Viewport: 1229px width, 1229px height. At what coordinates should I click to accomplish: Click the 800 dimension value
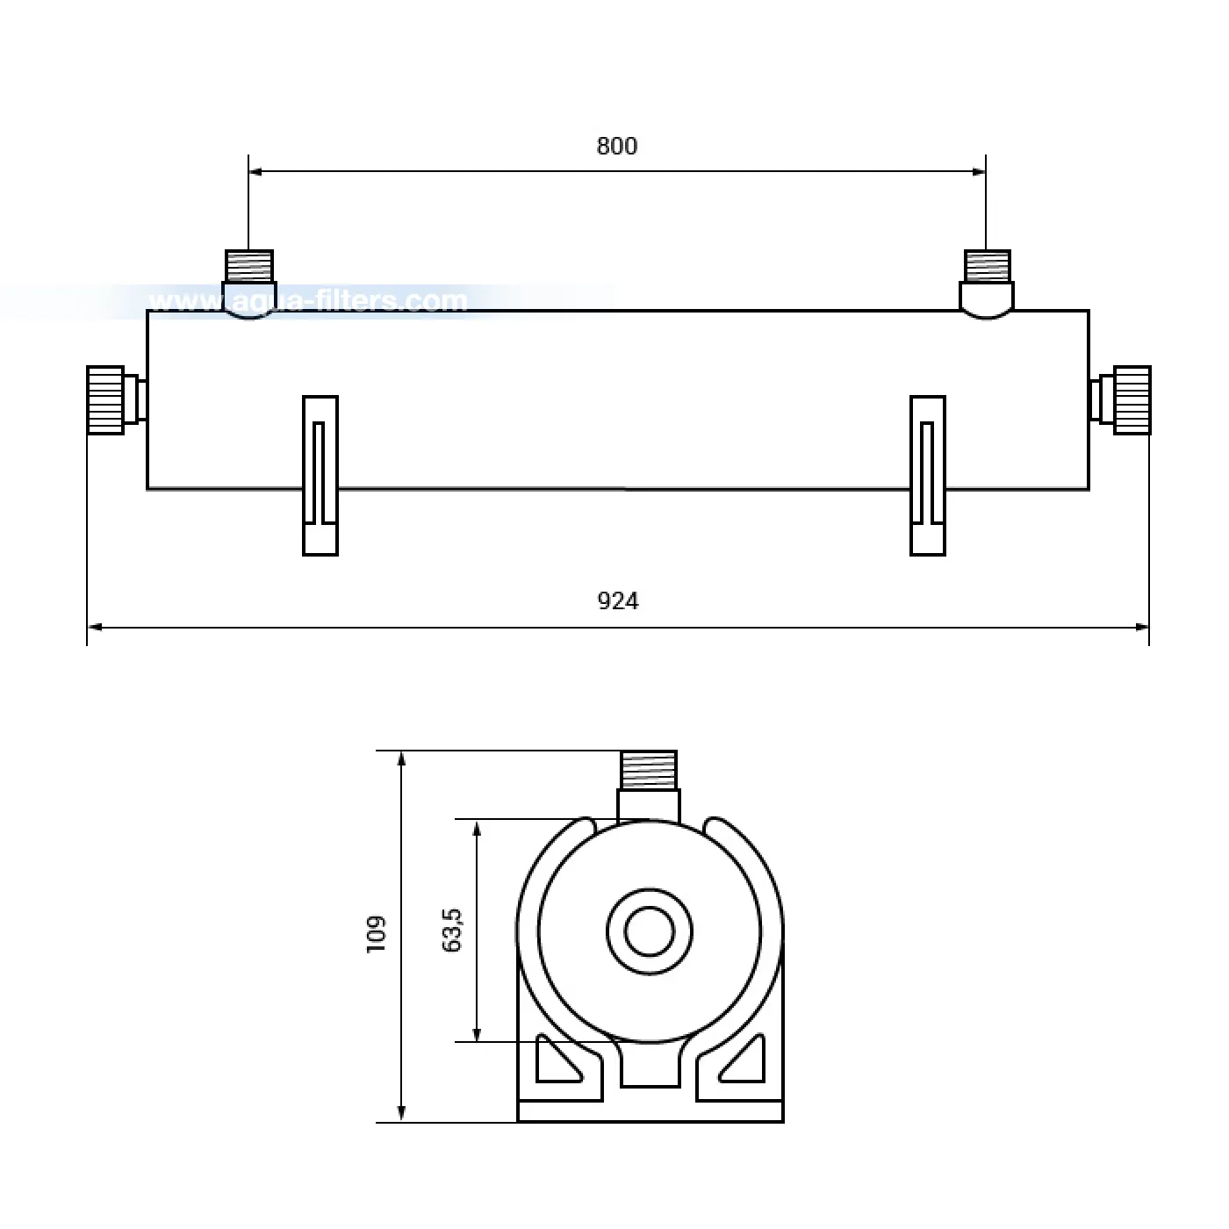click(x=617, y=146)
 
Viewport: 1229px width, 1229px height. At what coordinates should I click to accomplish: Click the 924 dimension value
click(x=618, y=600)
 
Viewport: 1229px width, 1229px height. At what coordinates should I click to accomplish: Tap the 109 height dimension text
click(x=377, y=935)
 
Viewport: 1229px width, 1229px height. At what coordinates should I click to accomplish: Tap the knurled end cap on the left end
click(x=105, y=400)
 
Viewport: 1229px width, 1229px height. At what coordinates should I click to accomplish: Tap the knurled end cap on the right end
click(x=1132, y=400)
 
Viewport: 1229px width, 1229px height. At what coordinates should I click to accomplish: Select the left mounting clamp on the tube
click(x=320, y=476)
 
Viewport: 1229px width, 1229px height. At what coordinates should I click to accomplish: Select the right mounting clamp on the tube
click(x=927, y=476)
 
